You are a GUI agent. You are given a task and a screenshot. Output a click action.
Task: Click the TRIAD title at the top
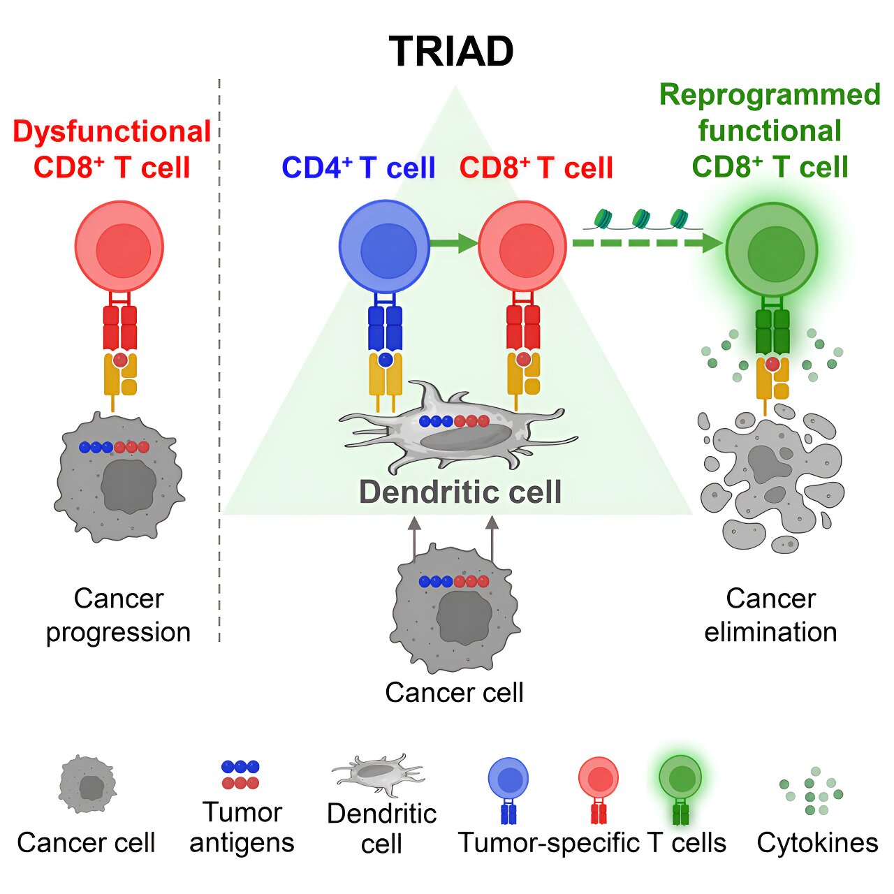[x=451, y=52]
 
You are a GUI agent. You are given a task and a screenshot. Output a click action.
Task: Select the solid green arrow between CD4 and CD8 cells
[x=453, y=243]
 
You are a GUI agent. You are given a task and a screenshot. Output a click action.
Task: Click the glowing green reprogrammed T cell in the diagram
[x=771, y=249]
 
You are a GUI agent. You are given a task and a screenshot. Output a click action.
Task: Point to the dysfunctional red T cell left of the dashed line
[x=119, y=247]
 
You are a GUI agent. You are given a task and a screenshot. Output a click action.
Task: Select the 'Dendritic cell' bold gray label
[x=460, y=492]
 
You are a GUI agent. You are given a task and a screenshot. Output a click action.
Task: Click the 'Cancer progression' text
[x=118, y=615]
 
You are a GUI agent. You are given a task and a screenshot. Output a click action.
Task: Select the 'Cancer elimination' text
[x=770, y=615]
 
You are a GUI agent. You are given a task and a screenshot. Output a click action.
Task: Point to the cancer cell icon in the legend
[x=87, y=784]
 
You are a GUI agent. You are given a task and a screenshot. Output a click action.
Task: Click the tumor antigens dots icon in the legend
[x=240, y=775]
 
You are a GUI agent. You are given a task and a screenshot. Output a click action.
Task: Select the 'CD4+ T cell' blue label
[x=358, y=168]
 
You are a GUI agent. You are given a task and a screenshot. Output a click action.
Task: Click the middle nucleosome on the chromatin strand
[x=640, y=219]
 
